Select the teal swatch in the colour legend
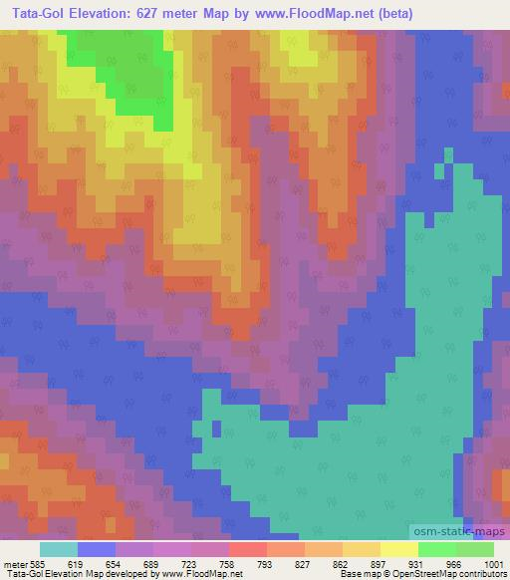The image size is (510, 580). (59, 549)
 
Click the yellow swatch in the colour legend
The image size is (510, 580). (399, 549)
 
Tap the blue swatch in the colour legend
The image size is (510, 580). (97, 549)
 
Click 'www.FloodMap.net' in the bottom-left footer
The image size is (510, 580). (208, 574)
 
